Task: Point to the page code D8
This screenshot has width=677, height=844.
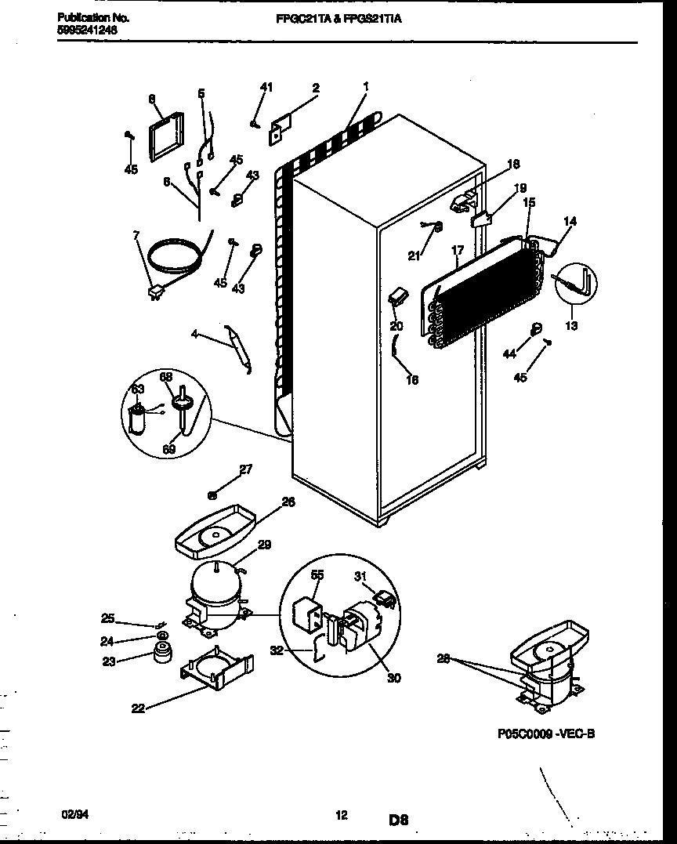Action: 398,820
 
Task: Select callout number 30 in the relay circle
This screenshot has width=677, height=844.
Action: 393,678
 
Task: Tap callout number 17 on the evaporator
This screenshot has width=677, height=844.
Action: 458,252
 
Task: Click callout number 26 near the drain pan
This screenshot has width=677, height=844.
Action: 288,502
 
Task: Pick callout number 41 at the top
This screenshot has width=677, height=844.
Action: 266,87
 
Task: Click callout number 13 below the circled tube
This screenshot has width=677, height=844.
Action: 571,326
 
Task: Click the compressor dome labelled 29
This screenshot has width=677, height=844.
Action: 215,585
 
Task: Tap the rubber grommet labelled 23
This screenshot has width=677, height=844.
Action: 162,652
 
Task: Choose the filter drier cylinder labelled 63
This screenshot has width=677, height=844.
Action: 139,422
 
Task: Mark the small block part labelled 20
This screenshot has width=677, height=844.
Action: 396,296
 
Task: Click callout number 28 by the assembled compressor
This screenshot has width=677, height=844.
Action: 444,659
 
